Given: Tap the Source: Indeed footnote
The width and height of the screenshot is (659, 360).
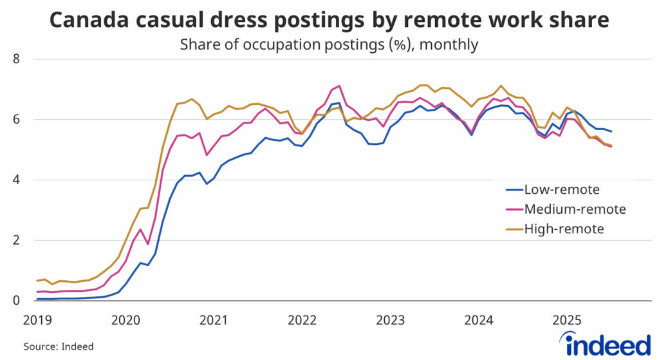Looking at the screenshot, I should [59, 346].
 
